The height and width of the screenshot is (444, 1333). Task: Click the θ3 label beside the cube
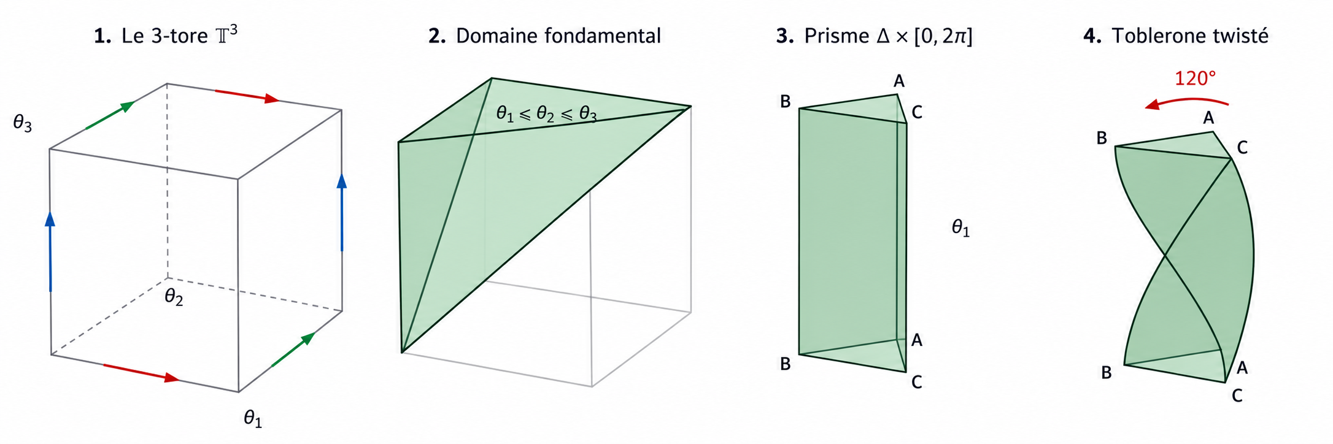point(23,124)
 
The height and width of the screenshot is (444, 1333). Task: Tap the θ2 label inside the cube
point(174,297)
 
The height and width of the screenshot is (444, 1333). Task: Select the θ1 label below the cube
point(253,419)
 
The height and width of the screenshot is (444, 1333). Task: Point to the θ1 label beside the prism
point(961,228)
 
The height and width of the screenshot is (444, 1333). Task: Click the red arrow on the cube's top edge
point(247,95)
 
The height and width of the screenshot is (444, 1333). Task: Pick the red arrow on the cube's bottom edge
point(142,373)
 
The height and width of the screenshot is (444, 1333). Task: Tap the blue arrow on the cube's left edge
point(50,251)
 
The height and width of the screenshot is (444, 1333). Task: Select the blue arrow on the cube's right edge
point(342,212)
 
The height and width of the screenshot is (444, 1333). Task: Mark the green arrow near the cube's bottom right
point(293,350)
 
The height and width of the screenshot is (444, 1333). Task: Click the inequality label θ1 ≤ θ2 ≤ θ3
point(546,113)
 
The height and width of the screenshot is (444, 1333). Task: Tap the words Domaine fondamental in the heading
point(558,36)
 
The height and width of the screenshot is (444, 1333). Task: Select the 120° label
point(1195,78)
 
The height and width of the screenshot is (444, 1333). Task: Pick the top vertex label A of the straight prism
point(899,81)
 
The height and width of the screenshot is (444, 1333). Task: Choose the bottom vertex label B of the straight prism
point(786,364)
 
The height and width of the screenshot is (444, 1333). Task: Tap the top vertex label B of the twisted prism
point(1102,138)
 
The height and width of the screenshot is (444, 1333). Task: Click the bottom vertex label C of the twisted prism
point(1237,396)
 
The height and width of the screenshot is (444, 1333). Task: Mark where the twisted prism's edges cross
point(1165,255)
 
